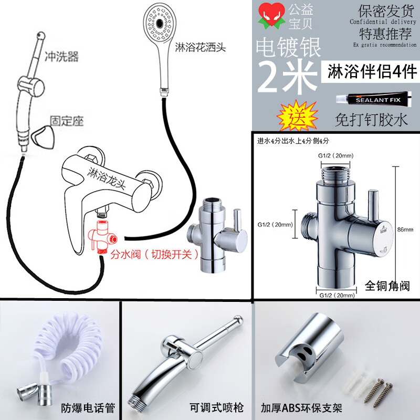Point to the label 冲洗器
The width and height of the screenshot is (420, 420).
click(x=61, y=56)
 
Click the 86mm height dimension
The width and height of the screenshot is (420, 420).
click(x=405, y=229)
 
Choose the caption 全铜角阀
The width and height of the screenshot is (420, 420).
click(x=387, y=286)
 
